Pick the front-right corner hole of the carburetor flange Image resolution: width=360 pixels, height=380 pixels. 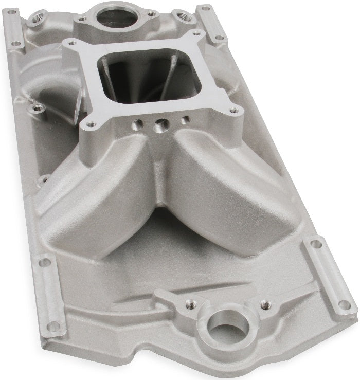(x=234, y=110)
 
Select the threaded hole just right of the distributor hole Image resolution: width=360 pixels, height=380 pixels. (x=265, y=304)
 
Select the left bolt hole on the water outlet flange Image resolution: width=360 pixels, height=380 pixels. (x=81, y=19)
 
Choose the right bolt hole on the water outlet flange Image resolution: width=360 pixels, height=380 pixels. (x=152, y=14)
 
